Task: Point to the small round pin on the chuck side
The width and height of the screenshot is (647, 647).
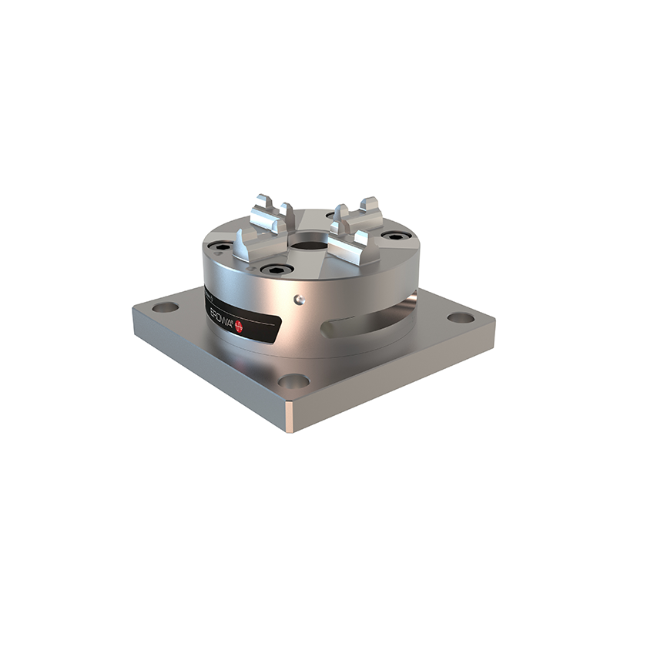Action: coord(300,297)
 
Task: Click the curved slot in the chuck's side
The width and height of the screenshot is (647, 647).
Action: coord(370,322)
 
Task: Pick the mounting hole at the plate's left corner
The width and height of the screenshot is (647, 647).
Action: coord(165,307)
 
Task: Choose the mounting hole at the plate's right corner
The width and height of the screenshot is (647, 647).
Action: coord(459,317)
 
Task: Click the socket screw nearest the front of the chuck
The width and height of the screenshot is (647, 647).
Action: coord(275,270)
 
